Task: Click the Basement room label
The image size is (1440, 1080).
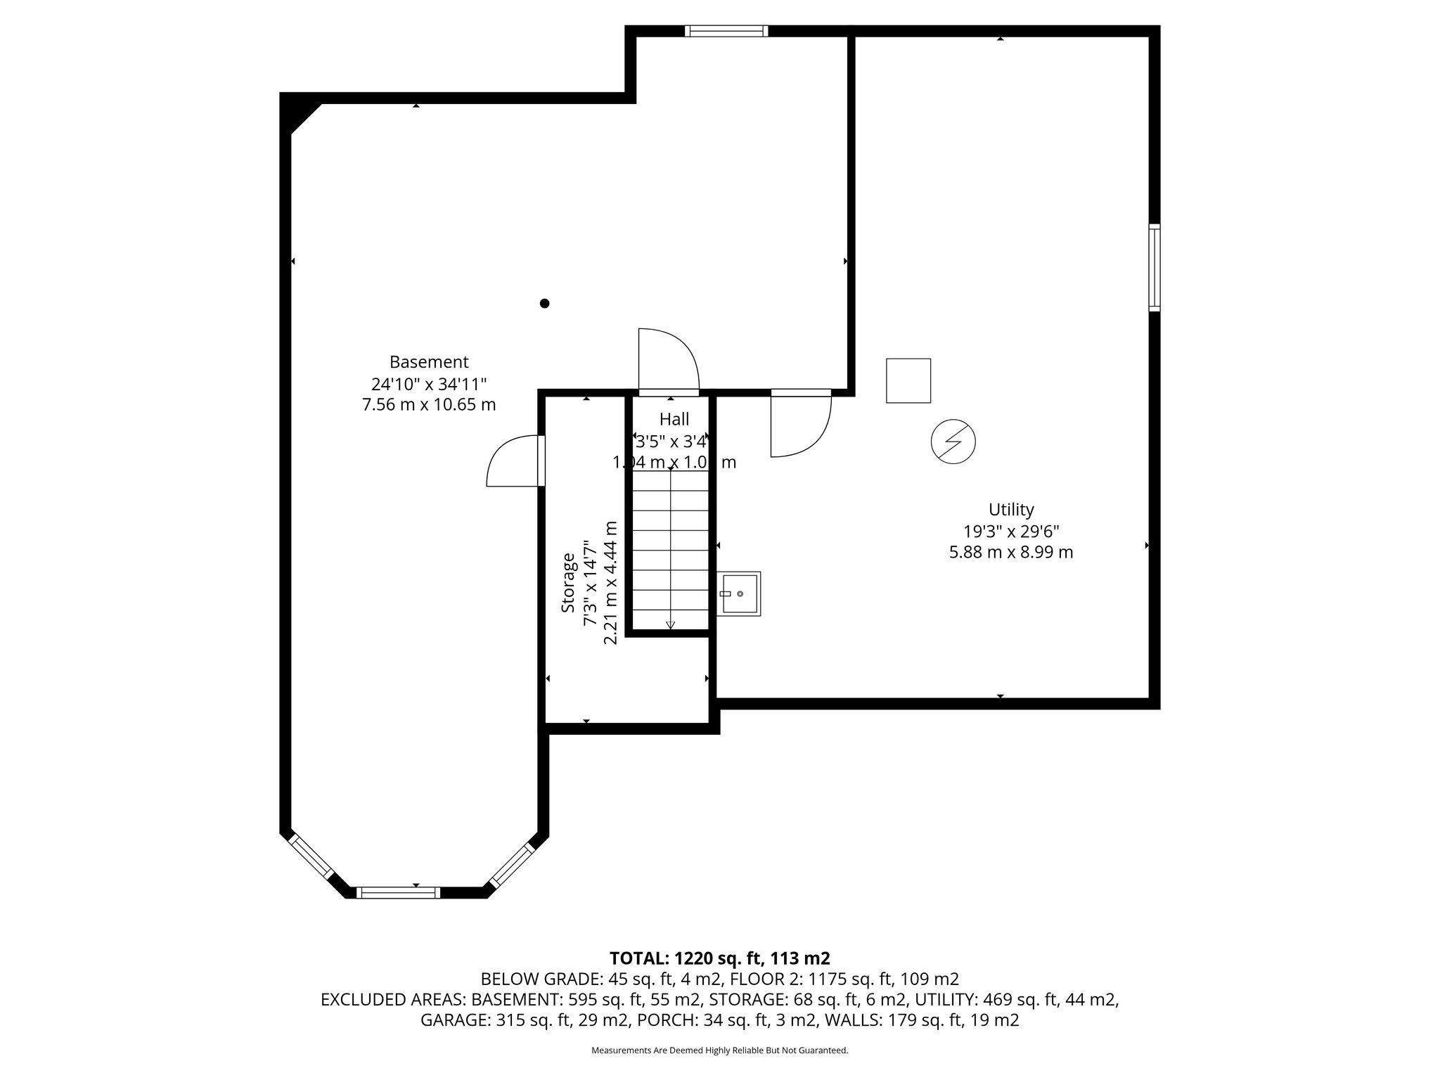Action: (x=429, y=362)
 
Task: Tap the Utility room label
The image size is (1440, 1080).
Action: (x=1011, y=509)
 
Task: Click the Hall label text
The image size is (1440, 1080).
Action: (x=674, y=420)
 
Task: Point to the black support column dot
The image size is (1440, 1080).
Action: (x=544, y=304)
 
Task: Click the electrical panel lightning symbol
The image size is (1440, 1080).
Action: (x=953, y=442)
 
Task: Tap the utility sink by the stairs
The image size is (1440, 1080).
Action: (x=739, y=594)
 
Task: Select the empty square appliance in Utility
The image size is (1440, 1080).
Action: (x=908, y=380)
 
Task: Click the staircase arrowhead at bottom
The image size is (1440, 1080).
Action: (x=670, y=625)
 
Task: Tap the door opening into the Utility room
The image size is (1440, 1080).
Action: (x=800, y=425)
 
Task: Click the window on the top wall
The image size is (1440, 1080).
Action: (x=726, y=31)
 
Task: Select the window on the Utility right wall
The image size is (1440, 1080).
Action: (x=1154, y=267)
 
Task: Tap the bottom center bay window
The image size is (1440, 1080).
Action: (x=398, y=893)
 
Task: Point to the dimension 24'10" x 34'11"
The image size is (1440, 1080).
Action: (x=429, y=384)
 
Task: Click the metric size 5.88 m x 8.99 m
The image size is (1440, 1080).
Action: (x=1011, y=553)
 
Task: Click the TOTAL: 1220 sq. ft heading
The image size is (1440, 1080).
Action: (x=719, y=958)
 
